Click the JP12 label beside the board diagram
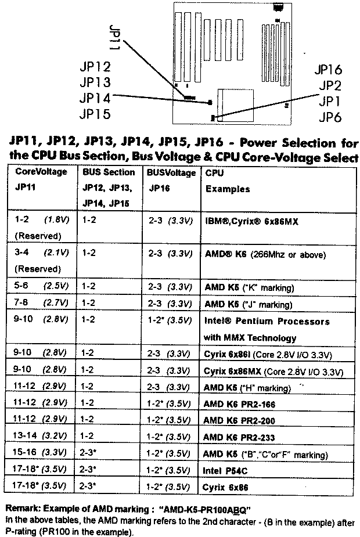(x=95, y=67)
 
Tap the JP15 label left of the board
(x=95, y=113)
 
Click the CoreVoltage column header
(x=41, y=172)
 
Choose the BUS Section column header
(x=109, y=172)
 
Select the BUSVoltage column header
(x=171, y=172)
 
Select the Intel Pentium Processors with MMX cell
(x=267, y=329)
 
